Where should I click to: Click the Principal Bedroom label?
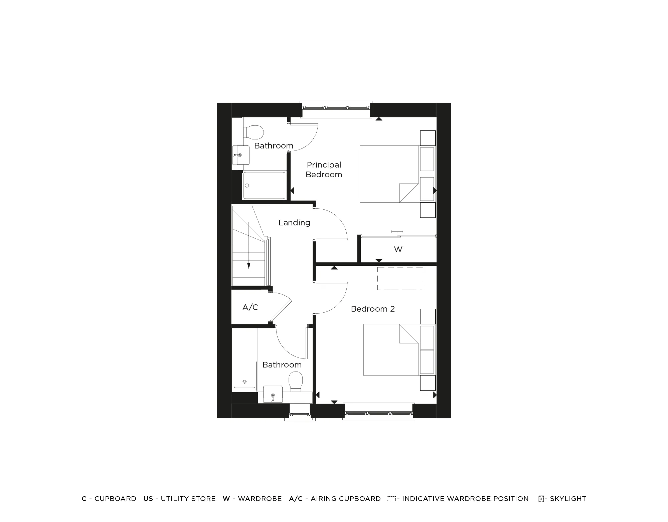click(x=324, y=170)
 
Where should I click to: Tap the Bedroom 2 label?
click(x=373, y=309)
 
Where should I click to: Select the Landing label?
click(x=294, y=223)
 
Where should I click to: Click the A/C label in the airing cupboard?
click(x=250, y=307)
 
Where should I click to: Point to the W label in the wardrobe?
click(x=398, y=249)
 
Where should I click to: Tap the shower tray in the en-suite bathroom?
click(x=264, y=185)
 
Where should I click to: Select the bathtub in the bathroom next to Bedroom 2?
click(x=245, y=360)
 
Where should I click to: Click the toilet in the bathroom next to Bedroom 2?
click(x=296, y=382)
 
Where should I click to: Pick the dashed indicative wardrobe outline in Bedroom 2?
click(x=400, y=279)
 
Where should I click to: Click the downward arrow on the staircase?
click(x=248, y=266)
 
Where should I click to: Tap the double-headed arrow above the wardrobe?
click(x=397, y=231)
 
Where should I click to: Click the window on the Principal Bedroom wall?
click(x=336, y=108)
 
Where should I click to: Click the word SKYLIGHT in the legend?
click(x=568, y=499)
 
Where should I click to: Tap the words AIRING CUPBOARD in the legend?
click(x=345, y=499)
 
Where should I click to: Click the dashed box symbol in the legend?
click(x=391, y=499)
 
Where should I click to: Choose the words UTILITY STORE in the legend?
click(x=188, y=499)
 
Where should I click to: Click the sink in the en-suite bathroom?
click(x=241, y=155)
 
